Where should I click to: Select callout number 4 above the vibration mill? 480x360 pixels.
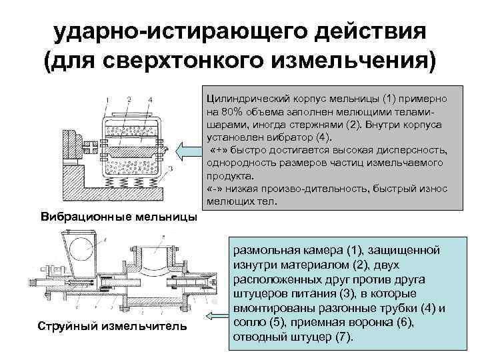tap(151, 100)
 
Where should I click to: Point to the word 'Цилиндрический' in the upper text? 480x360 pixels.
tap(247, 99)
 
